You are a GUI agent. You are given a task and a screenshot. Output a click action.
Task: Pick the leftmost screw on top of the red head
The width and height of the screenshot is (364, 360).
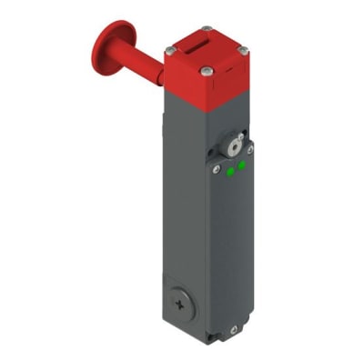point(170,49)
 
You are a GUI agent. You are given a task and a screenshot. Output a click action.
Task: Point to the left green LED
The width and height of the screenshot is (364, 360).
point(231,170)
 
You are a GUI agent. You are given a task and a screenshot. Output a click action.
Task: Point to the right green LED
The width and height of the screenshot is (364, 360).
point(242,165)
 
